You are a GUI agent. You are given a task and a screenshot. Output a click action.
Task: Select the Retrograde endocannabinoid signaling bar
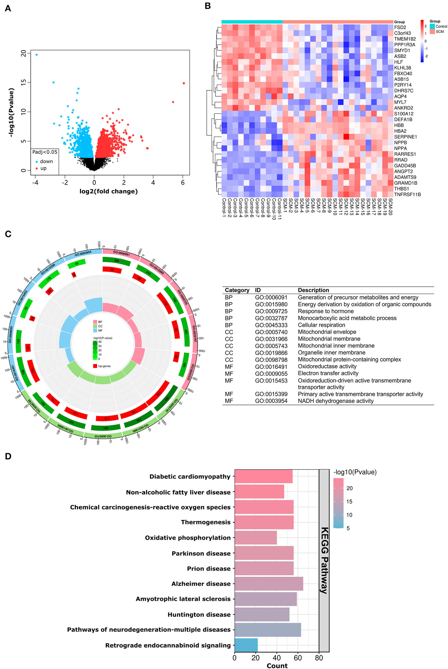coord(246,645)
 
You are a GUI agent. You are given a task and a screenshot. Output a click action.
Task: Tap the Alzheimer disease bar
coord(269,584)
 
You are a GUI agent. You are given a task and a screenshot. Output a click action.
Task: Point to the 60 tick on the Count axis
coord(298,658)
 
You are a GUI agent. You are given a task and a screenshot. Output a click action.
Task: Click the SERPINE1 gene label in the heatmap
coord(405,137)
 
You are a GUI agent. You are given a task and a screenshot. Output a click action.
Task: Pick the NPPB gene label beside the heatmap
coord(400,142)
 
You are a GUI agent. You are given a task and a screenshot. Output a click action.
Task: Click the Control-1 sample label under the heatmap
coord(224,208)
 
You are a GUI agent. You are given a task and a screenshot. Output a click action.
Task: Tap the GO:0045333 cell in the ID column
coord(271,325)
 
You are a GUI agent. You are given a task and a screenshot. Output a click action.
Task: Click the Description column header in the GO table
coord(313,290)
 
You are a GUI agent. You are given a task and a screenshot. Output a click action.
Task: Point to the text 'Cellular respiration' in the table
coord(321,325)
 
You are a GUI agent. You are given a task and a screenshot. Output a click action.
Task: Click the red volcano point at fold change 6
coord(184,83)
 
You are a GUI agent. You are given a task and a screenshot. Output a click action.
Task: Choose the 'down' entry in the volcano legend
coord(46,162)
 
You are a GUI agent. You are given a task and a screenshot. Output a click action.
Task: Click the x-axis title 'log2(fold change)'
coord(108,191)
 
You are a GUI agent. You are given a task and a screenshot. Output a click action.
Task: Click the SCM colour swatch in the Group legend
coord(432,32)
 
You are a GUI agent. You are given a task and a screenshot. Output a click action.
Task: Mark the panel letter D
coord(8,456)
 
